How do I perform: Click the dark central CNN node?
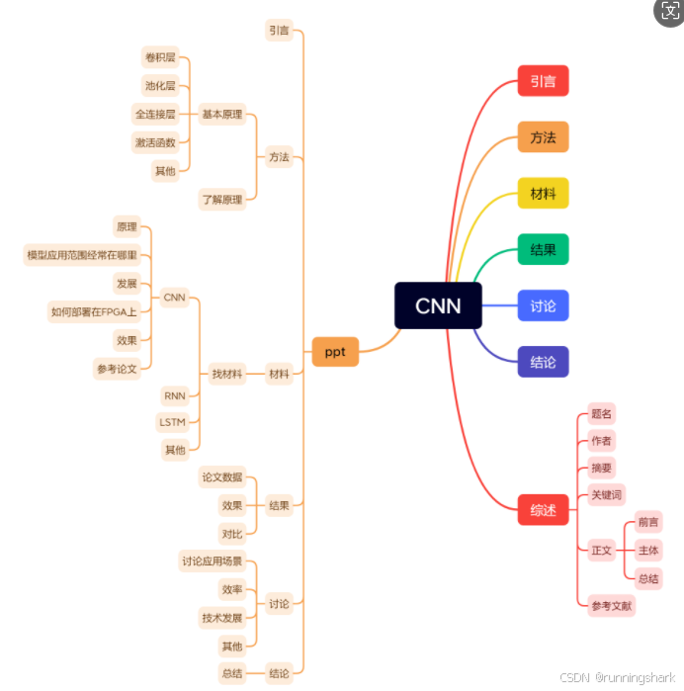438,305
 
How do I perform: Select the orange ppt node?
335,351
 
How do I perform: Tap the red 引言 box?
543,81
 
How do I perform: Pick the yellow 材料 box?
543,193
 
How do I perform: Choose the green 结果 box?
543,249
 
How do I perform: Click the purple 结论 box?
543,361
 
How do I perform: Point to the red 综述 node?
543,510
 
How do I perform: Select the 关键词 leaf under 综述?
606,495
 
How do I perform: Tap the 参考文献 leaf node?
611,605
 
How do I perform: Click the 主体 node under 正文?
648,550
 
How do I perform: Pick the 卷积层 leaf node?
160,56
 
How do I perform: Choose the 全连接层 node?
156,114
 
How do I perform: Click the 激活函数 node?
155,142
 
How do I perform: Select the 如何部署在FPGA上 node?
94,312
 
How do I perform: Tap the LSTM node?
172,422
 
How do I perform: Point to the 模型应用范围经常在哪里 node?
82,255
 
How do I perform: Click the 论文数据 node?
222,477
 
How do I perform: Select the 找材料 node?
226,375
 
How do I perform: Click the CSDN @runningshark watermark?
618,678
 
